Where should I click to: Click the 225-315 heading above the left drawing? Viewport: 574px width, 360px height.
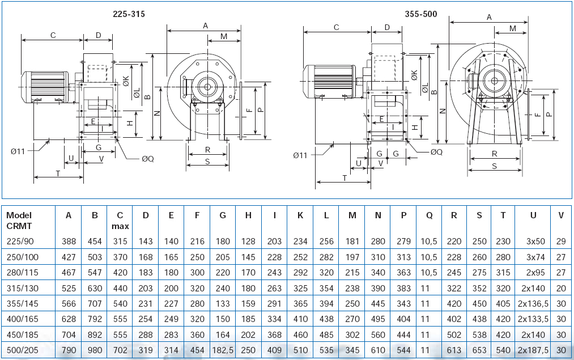coord(129,14)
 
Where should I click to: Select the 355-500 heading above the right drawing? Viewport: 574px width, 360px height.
coord(421,14)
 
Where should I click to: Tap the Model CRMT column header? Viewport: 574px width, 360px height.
coord(19,221)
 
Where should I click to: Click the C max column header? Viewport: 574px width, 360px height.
coord(120,221)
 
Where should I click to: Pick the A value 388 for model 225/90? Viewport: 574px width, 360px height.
coord(69,242)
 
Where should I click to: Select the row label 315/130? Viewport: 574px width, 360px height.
coord(22,288)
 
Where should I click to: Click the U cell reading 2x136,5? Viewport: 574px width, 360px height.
coord(533,304)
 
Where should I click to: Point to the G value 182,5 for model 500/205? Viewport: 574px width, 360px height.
coord(223,350)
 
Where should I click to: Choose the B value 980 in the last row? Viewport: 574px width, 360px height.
coord(95,350)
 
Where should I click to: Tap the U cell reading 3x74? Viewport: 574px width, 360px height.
coord(535,257)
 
